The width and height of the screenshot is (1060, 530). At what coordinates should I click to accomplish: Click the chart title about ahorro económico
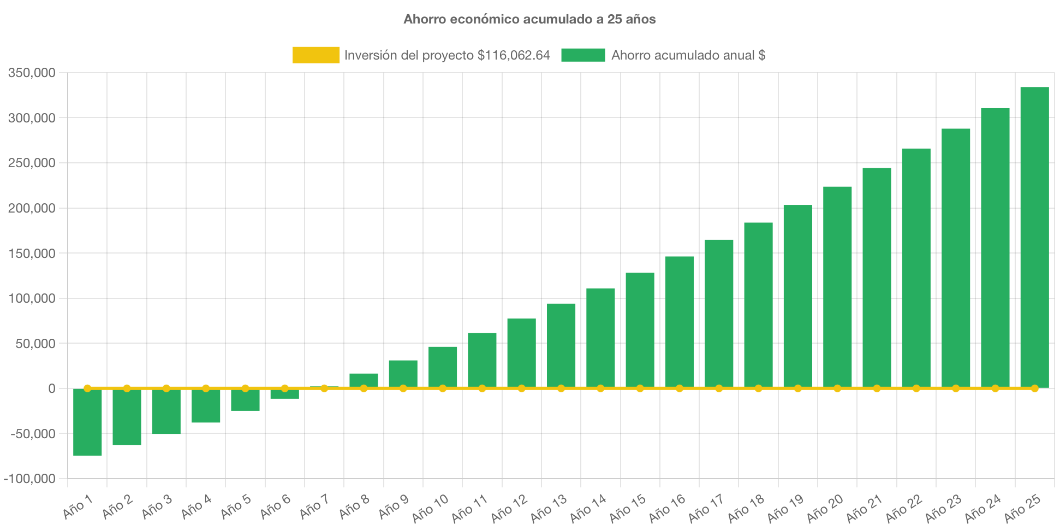[529, 20]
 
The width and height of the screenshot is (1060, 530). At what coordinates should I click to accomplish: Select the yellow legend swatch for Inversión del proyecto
[316, 55]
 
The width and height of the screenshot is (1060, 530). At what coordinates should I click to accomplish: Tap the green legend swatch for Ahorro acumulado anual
[583, 55]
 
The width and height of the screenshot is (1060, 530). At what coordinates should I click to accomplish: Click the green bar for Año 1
[87, 422]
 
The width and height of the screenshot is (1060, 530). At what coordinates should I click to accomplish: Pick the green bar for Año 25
[1034, 237]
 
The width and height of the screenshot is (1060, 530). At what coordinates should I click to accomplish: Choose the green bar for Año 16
[680, 322]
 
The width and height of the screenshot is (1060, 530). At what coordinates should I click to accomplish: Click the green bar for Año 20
[837, 287]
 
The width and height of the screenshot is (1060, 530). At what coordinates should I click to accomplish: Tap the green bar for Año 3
[166, 411]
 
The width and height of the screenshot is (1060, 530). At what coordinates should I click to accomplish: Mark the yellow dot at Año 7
[324, 388]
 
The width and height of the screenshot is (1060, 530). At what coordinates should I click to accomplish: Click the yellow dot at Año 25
[1034, 388]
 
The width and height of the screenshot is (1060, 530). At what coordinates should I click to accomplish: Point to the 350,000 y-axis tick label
[32, 73]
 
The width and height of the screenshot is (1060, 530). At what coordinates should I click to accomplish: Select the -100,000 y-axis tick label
[29, 479]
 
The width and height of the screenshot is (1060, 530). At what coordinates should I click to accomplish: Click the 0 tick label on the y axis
[52, 388]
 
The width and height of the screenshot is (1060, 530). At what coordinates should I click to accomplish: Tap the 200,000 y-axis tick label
[32, 209]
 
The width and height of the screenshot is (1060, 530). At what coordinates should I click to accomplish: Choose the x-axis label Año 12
[509, 508]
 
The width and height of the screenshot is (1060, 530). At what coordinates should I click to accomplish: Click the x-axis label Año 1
[78, 507]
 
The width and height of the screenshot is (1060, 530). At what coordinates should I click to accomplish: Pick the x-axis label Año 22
[904, 508]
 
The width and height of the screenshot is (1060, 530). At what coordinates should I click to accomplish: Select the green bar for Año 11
[482, 360]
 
